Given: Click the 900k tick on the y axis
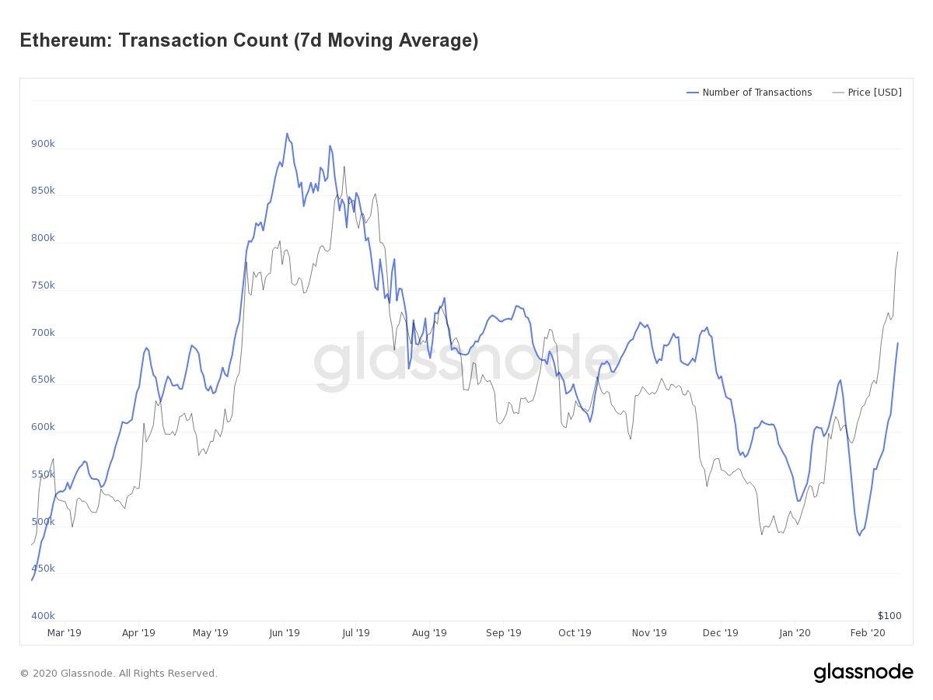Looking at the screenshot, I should (x=43, y=144).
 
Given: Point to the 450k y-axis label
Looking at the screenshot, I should (x=43, y=569).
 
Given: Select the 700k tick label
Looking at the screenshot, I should (x=43, y=333).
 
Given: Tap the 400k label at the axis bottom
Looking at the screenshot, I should (x=43, y=616).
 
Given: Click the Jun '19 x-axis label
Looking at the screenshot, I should (x=284, y=633).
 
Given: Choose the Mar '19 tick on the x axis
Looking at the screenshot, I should (x=64, y=633).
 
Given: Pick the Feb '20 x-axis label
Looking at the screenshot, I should (x=867, y=633).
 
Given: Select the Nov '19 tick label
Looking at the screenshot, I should (x=649, y=633).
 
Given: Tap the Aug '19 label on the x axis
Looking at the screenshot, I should (x=429, y=633).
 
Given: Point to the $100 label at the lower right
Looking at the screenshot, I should (x=889, y=616).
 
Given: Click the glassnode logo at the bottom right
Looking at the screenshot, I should (x=863, y=672).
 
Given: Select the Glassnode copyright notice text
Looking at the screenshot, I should (x=118, y=674).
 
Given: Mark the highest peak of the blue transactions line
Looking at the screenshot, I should (x=287, y=134).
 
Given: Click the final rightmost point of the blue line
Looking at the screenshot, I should (x=898, y=343).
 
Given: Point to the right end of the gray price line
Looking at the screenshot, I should (x=898, y=251).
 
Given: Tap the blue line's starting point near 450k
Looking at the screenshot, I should (x=32, y=579).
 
